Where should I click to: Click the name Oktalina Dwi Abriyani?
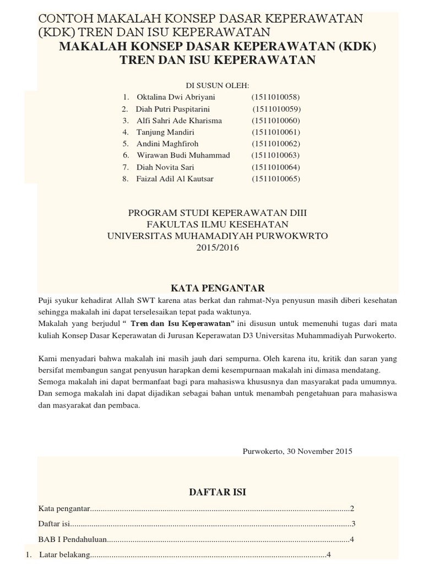point(172,97)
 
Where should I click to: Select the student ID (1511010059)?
point(276,109)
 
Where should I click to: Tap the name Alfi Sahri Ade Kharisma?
point(180,120)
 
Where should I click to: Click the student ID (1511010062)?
point(276,144)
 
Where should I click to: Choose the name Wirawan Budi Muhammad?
point(183,155)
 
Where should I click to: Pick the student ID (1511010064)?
point(276,167)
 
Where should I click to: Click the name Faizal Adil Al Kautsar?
point(175,178)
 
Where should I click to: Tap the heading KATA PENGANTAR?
point(218,288)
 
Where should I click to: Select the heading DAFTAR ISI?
point(217,477)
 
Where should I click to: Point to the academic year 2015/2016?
point(218,247)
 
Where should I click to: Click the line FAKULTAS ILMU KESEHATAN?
point(217,224)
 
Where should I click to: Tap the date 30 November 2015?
point(318,451)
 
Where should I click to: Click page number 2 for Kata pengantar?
point(351,508)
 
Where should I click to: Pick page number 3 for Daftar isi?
point(353,523)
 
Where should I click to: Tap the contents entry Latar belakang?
point(63,554)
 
